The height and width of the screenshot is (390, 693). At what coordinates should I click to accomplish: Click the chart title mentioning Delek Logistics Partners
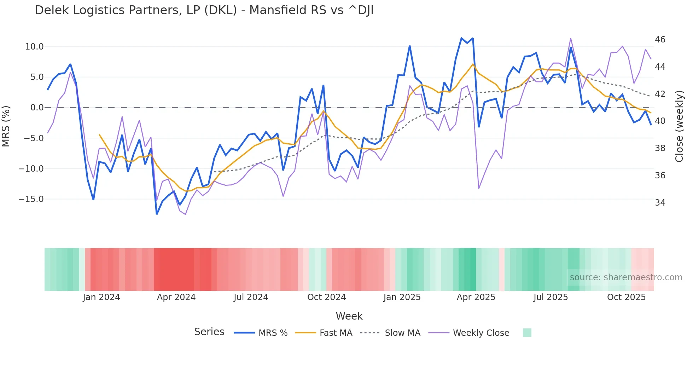coord(204,10)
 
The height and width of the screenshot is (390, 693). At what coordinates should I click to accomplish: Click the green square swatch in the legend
coord(527,333)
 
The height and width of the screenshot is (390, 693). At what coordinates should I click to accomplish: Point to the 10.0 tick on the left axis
coord(34,47)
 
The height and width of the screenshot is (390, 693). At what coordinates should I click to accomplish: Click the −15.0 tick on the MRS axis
coord(31,199)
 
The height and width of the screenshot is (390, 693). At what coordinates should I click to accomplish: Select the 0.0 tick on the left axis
coord(37,108)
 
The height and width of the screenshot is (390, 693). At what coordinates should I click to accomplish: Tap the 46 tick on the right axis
coord(660,40)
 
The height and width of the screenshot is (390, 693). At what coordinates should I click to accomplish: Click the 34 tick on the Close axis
coord(660,203)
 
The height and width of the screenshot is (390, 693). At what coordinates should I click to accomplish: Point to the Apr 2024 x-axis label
coord(176,297)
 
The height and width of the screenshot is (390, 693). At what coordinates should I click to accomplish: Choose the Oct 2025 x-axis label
coord(626,297)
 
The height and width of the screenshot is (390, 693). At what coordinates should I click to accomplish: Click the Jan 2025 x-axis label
coord(402,297)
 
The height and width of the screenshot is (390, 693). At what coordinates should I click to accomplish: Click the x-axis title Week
coord(349,316)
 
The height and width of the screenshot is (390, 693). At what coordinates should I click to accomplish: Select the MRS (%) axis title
coord(6,126)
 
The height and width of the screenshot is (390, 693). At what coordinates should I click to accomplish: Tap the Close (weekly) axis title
coord(679,126)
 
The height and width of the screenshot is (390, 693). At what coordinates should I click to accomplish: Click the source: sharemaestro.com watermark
coord(626,277)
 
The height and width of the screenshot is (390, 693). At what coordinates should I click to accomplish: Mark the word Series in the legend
coord(209,332)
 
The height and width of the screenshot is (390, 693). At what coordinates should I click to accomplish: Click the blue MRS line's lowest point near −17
coord(157,214)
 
